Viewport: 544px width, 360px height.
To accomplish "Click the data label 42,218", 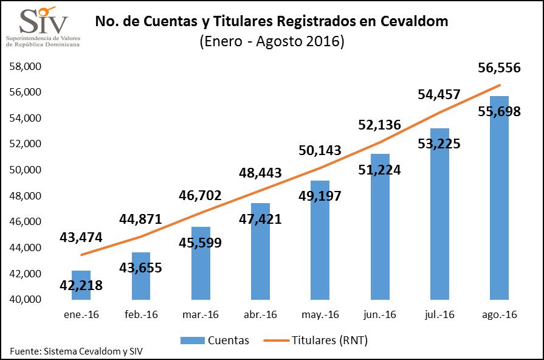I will tap(81, 285).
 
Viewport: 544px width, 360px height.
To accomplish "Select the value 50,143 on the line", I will tap(320, 150).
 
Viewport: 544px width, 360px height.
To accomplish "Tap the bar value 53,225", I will tap(439, 144).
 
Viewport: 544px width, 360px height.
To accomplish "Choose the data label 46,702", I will tap(200, 195).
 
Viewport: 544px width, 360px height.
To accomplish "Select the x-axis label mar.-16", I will tap(200, 315).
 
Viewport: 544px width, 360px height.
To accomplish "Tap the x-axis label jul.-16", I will tap(439, 315).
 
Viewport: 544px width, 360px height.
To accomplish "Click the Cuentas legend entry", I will tap(215, 341).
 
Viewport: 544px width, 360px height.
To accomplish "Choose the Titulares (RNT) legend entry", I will tap(316, 341).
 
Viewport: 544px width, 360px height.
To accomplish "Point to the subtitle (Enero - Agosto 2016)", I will tap(272, 42).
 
